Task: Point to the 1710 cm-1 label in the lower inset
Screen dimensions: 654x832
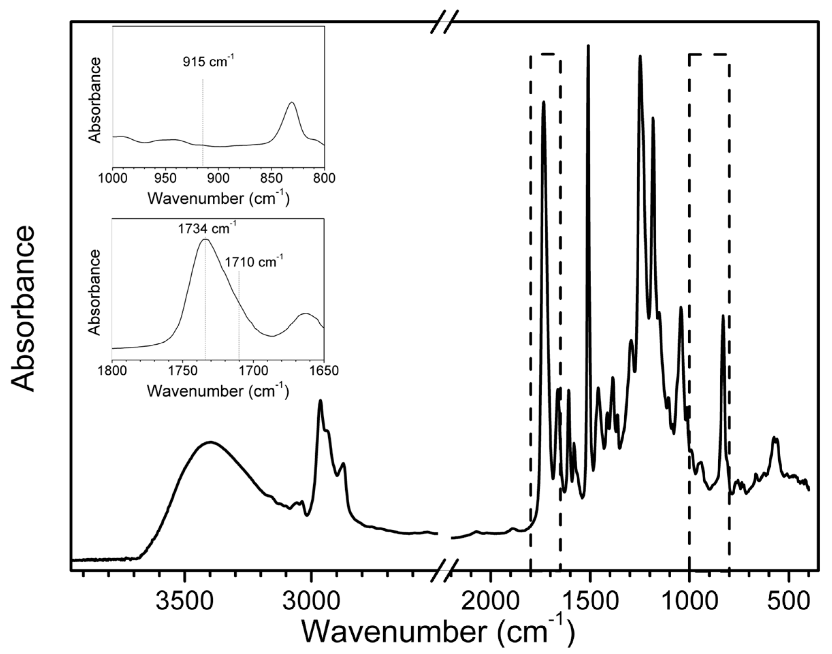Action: [254, 262]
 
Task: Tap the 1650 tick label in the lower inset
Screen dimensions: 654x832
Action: [324, 371]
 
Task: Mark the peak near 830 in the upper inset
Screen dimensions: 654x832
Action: [292, 102]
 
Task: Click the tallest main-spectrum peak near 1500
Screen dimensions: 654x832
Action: [588, 46]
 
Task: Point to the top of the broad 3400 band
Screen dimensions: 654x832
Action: [210, 442]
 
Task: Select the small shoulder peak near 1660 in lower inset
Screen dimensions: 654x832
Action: [305, 313]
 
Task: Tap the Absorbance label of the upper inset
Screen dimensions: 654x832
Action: [95, 100]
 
